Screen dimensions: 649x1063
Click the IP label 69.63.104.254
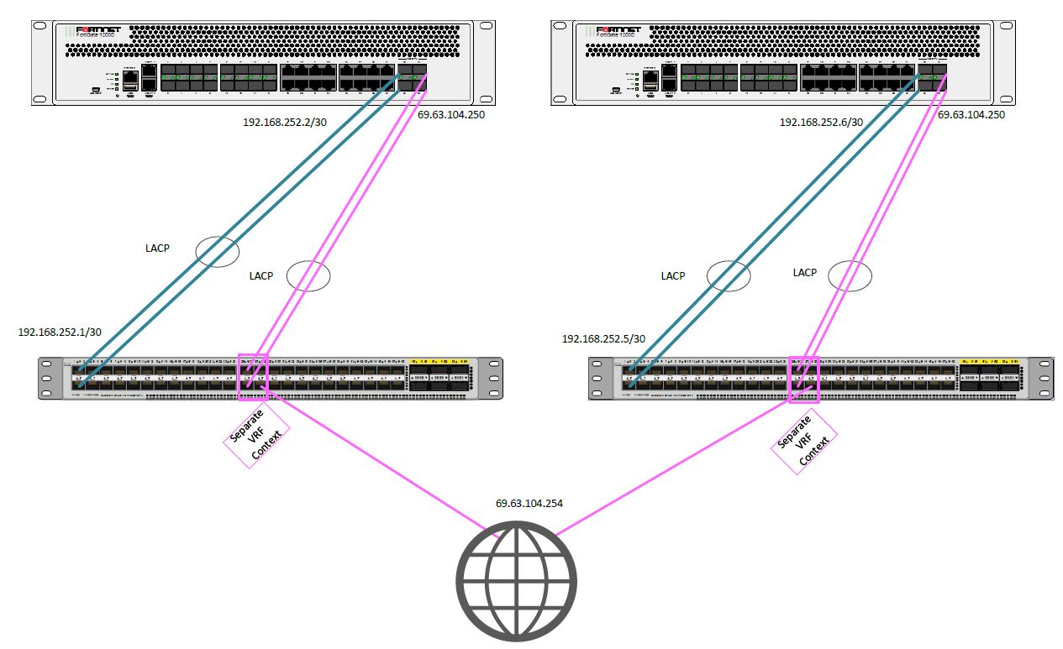click(529, 504)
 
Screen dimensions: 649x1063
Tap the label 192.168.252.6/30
click(821, 122)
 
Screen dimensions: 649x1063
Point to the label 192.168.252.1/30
click(61, 332)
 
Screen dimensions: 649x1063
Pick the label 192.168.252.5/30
click(603, 338)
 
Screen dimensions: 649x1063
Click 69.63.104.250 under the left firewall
click(451, 114)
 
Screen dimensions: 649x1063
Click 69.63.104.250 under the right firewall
click(971, 114)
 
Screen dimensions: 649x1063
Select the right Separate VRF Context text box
click(805, 442)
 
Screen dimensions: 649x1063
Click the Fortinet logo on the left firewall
click(98, 30)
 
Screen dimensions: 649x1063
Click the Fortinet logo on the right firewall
click(618, 30)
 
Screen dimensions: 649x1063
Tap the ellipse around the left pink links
click(308, 275)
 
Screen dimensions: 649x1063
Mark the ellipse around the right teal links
click(728, 275)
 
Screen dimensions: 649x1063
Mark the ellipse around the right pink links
click(850, 275)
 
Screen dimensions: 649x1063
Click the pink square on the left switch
click(254, 376)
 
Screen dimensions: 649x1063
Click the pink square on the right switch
click(803, 379)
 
